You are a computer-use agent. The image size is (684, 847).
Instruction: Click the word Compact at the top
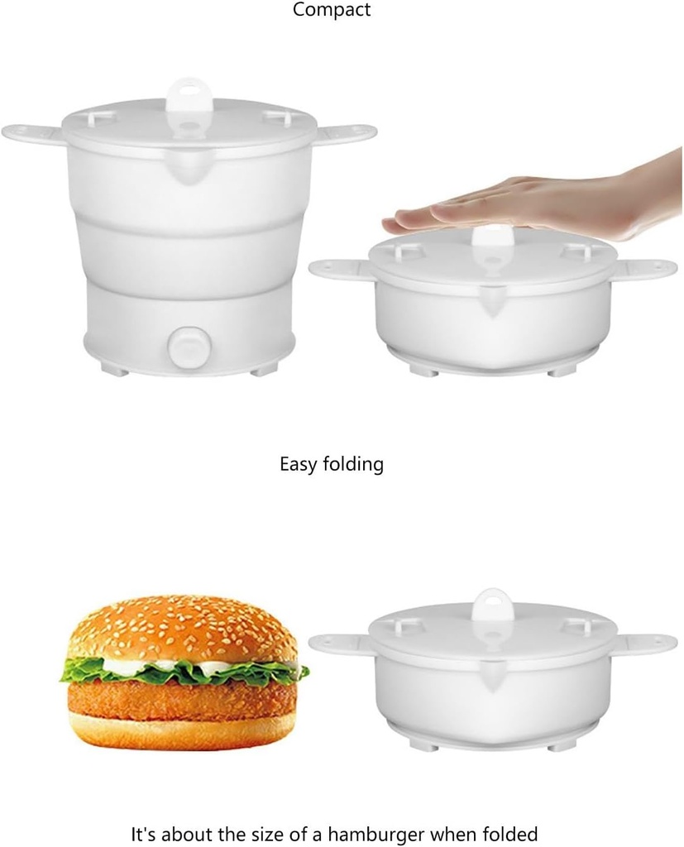click(332, 11)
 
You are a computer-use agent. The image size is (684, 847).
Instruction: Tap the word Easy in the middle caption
click(298, 464)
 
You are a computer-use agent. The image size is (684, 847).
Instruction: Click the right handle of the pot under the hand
click(647, 268)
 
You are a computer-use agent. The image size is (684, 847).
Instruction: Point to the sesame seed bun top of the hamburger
click(182, 629)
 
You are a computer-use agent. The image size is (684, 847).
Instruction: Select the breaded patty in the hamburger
click(182, 699)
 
